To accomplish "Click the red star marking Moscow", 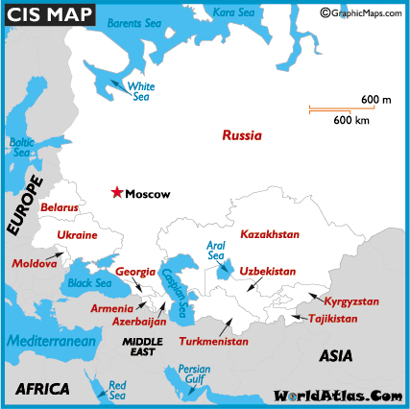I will pos(117,193).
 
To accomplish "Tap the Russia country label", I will pos(241,136).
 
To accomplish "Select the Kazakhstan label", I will pos(270,234).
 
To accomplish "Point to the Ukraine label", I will pos(77,235).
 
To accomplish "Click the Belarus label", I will pos(60,206).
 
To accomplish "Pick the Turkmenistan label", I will pos(213,341).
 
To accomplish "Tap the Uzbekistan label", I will pos(267,272).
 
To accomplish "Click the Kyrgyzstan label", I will pos(351,301).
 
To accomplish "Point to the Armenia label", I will pos(112,309).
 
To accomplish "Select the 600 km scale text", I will pos(352,120).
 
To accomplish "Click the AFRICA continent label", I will pos(42,388).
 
